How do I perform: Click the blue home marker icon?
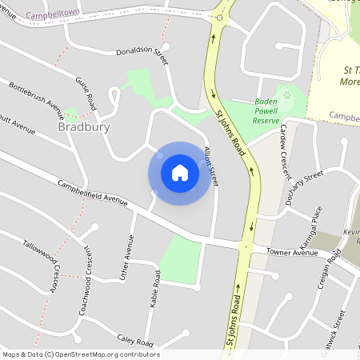180,173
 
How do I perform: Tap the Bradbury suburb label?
84,127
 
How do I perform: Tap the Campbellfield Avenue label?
93,193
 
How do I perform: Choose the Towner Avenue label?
293,253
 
